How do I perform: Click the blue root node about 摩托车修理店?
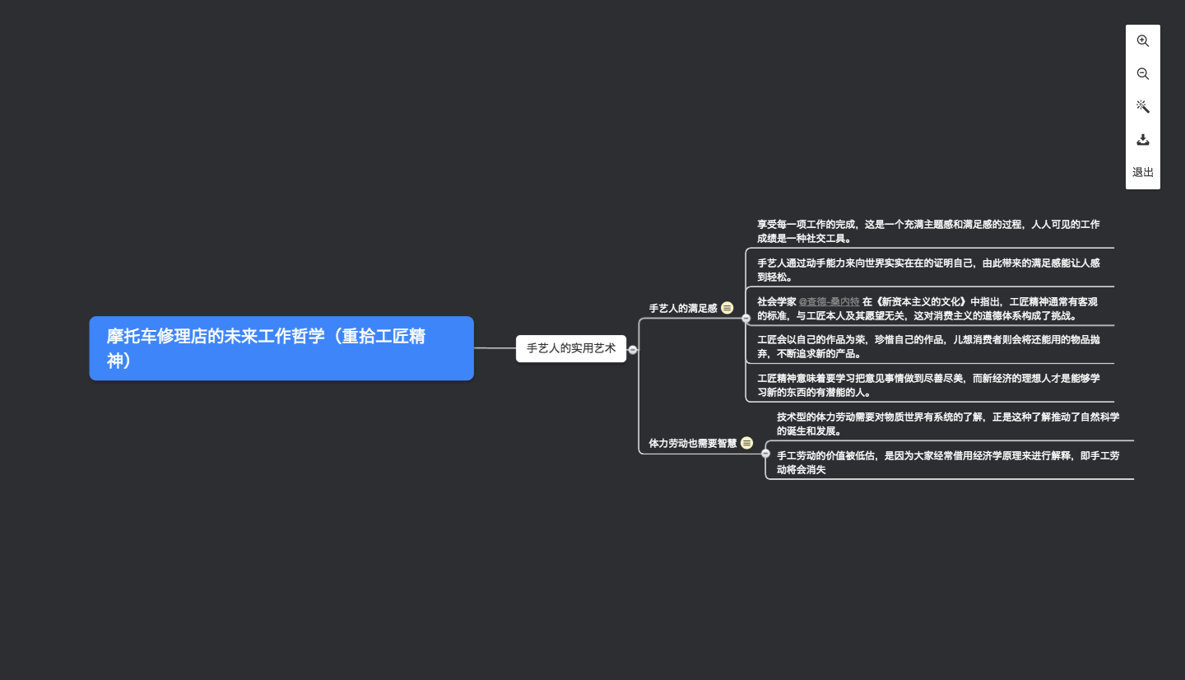[x=281, y=348]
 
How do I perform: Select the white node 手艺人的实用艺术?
[x=571, y=348]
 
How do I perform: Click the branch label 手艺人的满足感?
[x=683, y=309]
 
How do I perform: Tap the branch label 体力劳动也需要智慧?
[x=693, y=443]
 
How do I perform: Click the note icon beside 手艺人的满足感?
[x=727, y=308]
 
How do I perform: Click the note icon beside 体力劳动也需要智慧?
[x=747, y=443]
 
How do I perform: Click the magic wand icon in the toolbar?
[x=1143, y=106]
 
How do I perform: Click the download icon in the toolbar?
[x=1143, y=139]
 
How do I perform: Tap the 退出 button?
[x=1143, y=172]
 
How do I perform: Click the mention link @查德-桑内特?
[x=829, y=302]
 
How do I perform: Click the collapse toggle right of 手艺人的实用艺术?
[x=633, y=350]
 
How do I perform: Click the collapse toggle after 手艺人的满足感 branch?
[x=746, y=318]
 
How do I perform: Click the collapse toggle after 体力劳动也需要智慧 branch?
[x=765, y=453]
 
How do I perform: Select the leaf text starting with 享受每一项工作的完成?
[x=928, y=231]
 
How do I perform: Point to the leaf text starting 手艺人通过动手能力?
[x=928, y=270]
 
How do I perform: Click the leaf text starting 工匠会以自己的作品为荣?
[x=928, y=347]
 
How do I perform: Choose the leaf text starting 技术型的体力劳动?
[x=948, y=424]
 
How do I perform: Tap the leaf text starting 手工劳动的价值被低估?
[x=948, y=463]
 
